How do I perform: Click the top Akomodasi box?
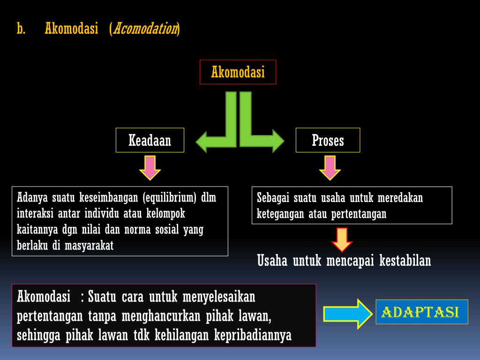238,72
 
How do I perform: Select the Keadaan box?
150,140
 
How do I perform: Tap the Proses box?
328,140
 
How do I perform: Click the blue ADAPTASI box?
421,312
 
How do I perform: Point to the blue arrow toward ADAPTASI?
347,313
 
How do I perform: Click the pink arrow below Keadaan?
150,168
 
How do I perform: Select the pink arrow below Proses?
330,168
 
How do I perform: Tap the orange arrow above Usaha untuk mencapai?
342,240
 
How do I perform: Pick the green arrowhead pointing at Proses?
275,141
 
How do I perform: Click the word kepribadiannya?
253,336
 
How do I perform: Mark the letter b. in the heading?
21,29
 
